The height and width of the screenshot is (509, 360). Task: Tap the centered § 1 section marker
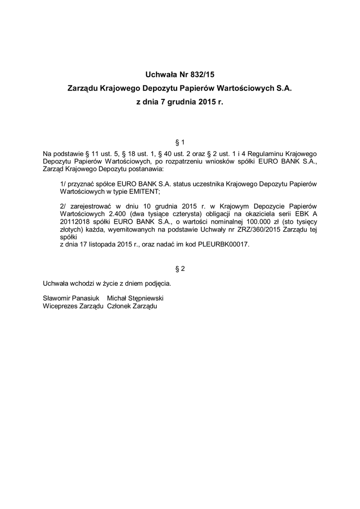tap(180, 142)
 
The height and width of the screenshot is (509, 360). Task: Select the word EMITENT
tap(144, 191)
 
